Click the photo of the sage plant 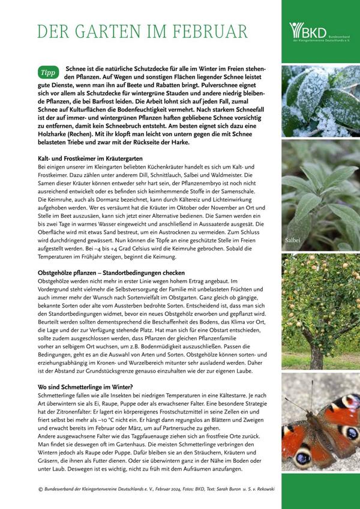(320, 192)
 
